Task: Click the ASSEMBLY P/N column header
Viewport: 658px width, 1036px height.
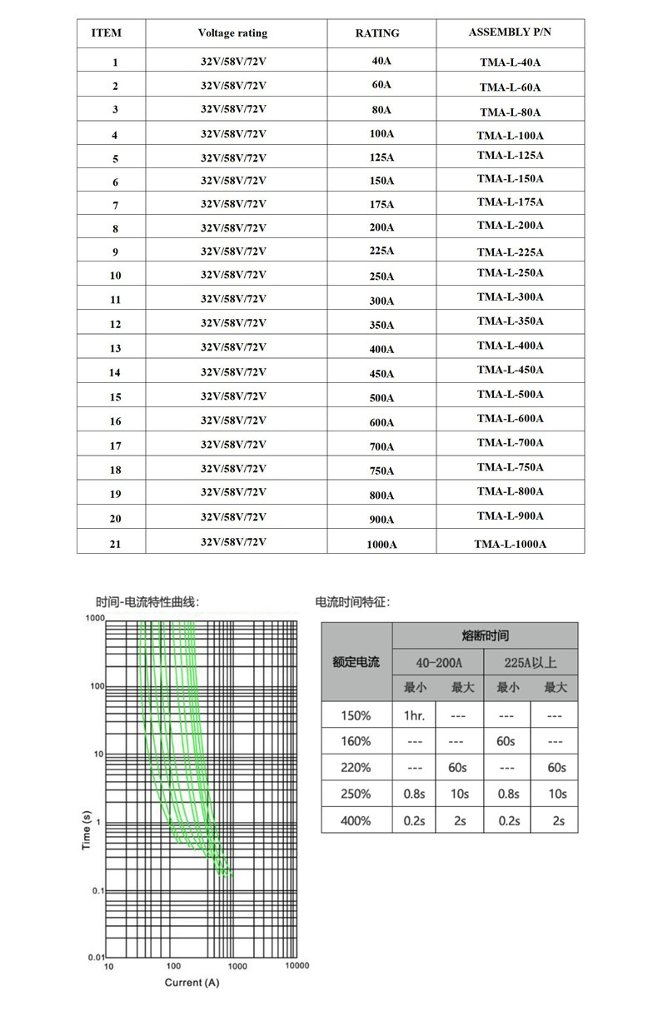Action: click(510, 32)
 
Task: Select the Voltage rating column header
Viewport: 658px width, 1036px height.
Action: click(232, 33)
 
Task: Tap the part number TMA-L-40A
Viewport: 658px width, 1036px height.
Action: click(510, 62)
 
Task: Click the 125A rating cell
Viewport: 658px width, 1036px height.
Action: click(381, 157)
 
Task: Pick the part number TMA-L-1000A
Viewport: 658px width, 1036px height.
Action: click(510, 544)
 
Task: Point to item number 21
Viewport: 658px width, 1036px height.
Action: click(115, 544)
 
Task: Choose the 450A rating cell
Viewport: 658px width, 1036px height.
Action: click(381, 374)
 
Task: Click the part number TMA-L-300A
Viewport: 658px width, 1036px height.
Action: click(510, 297)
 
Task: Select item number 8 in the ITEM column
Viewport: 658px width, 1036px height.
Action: click(115, 228)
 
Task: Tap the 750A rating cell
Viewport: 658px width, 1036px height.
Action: click(381, 471)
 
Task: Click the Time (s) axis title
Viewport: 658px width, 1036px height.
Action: click(87, 832)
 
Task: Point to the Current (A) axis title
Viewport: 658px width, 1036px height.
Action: click(192, 983)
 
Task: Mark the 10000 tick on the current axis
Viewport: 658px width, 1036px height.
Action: click(297, 966)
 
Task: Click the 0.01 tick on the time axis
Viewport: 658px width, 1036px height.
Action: click(96, 957)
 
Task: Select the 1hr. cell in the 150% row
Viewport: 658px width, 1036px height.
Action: click(414, 715)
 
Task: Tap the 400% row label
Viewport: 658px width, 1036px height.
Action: click(356, 820)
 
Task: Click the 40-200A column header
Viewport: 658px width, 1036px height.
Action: click(438, 662)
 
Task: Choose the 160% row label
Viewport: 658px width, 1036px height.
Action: click(356, 741)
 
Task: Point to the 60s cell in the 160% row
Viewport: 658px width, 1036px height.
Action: click(506, 741)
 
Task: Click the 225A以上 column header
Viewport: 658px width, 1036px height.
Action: click(531, 662)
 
